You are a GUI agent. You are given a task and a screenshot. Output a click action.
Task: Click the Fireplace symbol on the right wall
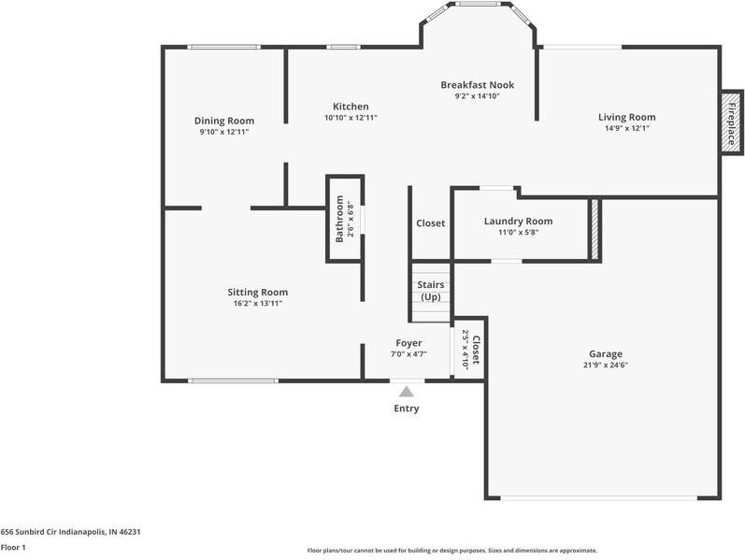tap(732, 122)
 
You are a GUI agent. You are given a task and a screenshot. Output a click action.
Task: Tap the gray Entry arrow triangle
tap(407, 392)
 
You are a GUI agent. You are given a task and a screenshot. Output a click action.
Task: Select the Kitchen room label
tap(351, 107)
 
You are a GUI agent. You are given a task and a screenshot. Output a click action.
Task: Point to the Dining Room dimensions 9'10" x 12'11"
tap(224, 132)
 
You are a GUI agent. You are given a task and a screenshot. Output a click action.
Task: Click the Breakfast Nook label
tap(478, 85)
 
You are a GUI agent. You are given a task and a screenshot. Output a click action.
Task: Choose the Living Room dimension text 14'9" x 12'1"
tap(627, 128)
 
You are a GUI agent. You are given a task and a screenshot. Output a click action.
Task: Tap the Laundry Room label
tap(519, 221)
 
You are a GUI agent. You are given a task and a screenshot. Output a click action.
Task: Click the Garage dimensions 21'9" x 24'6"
tap(606, 366)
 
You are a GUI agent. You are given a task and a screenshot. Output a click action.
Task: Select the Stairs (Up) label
tap(431, 291)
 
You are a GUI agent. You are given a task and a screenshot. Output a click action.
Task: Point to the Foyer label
tap(409, 343)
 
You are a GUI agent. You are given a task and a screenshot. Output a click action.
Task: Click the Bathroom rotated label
tap(339, 219)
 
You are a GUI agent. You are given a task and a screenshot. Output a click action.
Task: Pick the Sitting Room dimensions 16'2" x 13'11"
tap(258, 303)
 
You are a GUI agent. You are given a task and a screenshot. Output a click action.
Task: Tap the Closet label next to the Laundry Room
tap(431, 223)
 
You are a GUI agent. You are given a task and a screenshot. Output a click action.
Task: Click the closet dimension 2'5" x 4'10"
tap(466, 348)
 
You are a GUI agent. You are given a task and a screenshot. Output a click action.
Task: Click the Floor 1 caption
tap(13, 547)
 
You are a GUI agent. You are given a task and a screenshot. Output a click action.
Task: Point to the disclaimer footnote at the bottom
tap(452, 551)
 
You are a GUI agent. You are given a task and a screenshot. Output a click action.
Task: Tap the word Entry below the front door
tap(407, 409)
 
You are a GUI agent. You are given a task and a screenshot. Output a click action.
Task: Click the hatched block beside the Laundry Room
tap(595, 229)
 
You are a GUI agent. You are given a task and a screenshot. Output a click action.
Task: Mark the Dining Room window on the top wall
tap(223, 47)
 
